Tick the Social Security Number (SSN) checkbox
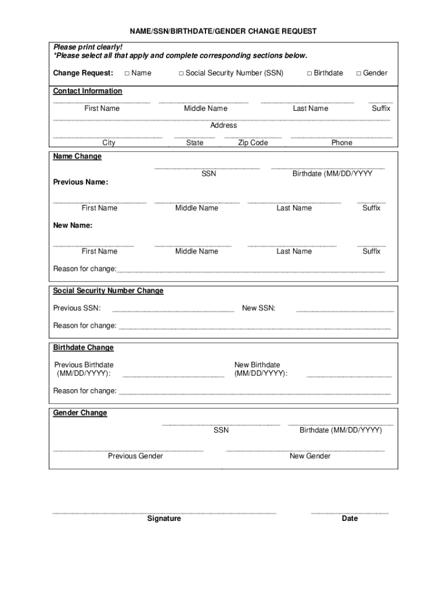181,73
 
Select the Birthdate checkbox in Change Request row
309,73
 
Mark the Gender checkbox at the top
359,73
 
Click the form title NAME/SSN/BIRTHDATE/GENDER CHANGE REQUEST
223,31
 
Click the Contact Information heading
88,91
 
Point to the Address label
223,125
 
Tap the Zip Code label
253,143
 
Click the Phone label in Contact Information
341,143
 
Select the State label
194,143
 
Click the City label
109,143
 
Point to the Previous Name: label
81,182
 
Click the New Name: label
73,225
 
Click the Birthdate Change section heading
84,347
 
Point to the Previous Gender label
135,456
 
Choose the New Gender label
310,456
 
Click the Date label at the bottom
349,519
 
